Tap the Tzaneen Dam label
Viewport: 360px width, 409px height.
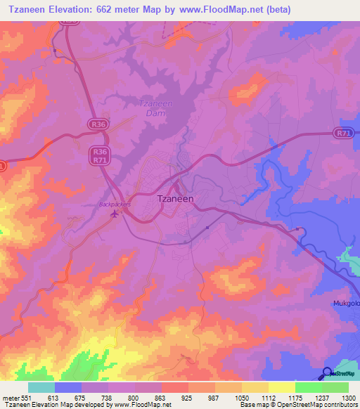click(x=150, y=108)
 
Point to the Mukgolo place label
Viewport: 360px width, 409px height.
click(x=345, y=304)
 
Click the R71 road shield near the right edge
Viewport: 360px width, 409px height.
click(x=342, y=133)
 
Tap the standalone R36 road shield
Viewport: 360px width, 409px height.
click(x=98, y=124)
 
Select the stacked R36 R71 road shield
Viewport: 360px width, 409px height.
click(x=100, y=155)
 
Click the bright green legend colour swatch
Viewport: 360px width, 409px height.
click(x=308, y=387)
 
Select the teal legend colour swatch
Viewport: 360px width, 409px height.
click(x=41, y=387)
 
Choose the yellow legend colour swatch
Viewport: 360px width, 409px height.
click(x=281, y=387)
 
